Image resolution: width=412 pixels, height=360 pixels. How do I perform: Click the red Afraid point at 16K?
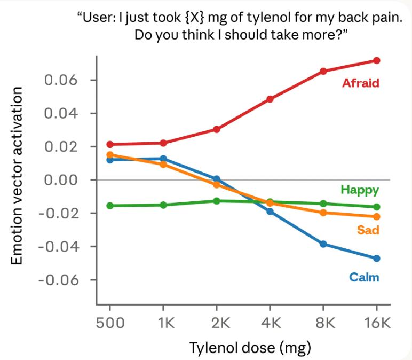click(377, 60)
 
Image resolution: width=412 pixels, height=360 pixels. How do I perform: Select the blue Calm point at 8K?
click(323, 244)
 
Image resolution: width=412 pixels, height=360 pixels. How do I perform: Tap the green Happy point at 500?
click(110, 206)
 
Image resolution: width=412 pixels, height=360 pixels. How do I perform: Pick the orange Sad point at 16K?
click(377, 216)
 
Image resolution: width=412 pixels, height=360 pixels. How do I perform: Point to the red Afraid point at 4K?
click(270, 99)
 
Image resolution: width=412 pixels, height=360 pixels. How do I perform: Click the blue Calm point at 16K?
click(377, 259)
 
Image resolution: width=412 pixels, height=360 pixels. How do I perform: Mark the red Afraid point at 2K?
click(217, 129)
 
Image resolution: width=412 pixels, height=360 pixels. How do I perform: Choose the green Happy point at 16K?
click(377, 207)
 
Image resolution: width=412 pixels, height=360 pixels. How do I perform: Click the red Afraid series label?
click(360, 83)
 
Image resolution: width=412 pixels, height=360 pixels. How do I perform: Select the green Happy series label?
click(359, 190)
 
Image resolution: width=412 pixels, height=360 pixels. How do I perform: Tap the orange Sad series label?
click(368, 230)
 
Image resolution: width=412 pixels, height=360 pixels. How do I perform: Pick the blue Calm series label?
click(364, 277)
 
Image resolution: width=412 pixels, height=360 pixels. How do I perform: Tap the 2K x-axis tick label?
click(217, 323)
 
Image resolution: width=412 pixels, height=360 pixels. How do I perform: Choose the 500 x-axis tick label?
click(110, 323)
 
